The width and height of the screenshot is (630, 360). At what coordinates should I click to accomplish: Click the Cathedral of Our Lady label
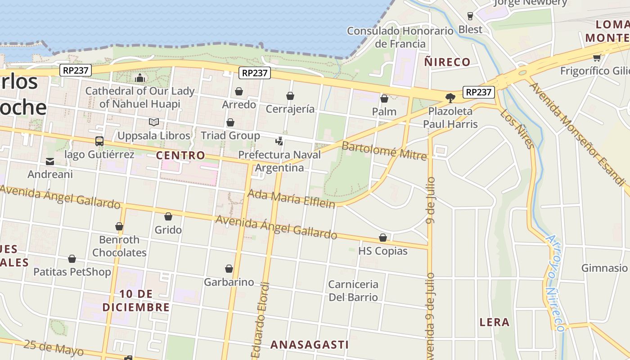[x=139, y=97]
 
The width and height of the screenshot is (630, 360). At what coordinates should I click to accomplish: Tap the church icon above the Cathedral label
[x=140, y=78]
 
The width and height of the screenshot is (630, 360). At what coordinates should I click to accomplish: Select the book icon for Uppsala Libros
[x=154, y=122]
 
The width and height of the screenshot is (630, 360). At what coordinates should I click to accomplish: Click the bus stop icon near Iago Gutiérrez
[x=99, y=141]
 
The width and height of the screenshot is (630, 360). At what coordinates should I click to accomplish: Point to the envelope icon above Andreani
[x=50, y=161]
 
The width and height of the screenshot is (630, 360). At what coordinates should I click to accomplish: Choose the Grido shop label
[x=168, y=230]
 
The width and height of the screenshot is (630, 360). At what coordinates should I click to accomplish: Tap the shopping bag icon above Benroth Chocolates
[x=119, y=226]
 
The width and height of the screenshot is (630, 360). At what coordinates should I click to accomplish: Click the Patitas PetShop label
[x=72, y=272]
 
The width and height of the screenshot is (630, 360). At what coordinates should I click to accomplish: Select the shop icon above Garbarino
[x=229, y=269]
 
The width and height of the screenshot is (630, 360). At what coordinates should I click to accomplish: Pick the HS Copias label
[x=383, y=251]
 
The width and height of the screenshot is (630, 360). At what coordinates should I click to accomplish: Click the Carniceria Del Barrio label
[x=353, y=291]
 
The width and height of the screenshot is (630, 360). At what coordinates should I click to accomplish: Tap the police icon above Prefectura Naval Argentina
[x=279, y=141]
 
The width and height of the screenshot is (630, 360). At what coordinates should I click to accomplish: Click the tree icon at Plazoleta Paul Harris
[x=450, y=98]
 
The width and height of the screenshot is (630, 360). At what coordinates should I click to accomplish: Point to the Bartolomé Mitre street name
[x=384, y=151]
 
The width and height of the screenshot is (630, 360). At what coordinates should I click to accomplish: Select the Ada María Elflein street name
[x=292, y=198]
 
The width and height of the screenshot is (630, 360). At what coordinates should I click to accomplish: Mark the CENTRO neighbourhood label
[x=180, y=156]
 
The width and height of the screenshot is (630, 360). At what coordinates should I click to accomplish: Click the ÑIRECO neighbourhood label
[x=447, y=62]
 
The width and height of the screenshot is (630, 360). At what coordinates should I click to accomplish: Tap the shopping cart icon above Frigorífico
[x=597, y=58]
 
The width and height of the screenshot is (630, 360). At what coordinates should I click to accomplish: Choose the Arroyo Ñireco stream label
[x=555, y=283]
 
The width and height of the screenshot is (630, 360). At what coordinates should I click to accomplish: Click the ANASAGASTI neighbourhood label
[x=310, y=345]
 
